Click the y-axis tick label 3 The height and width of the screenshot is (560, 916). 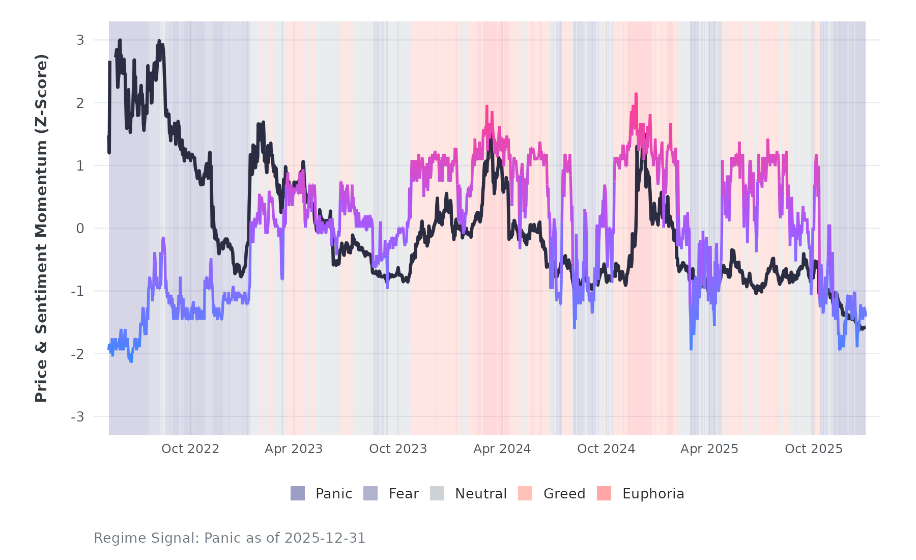coord(80,40)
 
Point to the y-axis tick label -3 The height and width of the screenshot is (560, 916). coord(77,417)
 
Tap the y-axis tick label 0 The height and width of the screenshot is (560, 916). coord(80,229)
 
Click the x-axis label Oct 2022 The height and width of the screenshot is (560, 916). coord(190,449)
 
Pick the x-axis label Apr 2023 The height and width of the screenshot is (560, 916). coord(294,449)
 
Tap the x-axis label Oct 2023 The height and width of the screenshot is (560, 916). coord(398,449)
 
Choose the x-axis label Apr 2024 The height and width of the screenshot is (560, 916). coord(502,449)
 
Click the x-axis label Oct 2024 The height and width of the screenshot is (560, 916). coord(606,449)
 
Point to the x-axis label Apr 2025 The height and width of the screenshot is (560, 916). coord(709,449)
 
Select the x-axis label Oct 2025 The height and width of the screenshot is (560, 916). coord(814,449)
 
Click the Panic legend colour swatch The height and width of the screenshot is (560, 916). coord(298,493)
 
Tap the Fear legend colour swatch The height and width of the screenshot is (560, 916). coord(370,493)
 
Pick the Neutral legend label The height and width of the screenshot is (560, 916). coord(481,494)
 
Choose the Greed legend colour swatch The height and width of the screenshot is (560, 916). coord(525,493)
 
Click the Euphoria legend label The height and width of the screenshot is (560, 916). coord(653,494)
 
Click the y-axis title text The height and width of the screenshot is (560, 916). coord(41,228)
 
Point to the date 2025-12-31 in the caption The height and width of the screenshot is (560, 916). coord(325,538)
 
